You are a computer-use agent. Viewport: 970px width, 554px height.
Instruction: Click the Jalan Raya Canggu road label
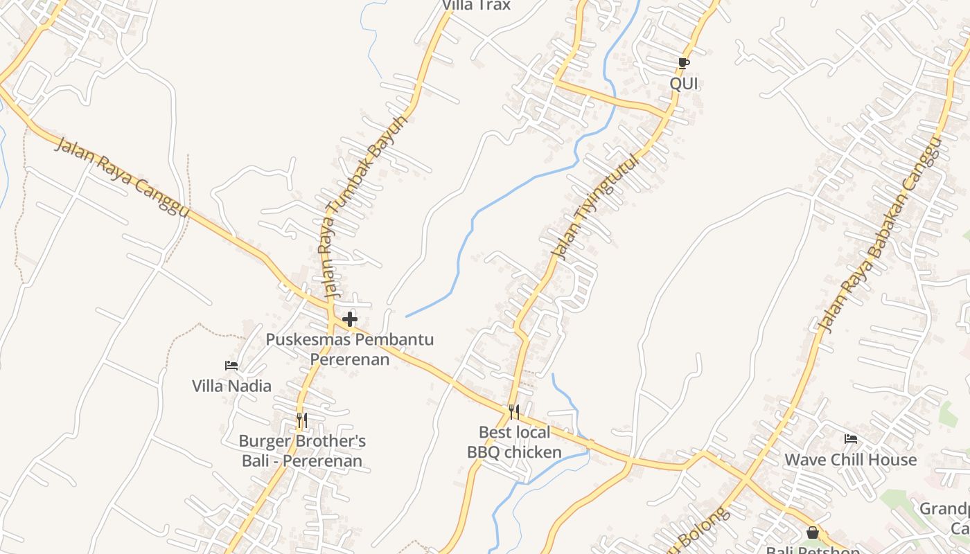click(x=121, y=177)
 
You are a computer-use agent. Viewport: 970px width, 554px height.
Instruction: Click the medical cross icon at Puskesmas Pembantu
click(x=350, y=319)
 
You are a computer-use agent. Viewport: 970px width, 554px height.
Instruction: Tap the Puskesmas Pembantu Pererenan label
click(x=350, y=349)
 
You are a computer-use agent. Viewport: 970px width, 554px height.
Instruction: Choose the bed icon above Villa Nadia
click(x=231, y=366)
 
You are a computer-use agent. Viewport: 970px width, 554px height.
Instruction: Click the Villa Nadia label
click(x=231, y=386)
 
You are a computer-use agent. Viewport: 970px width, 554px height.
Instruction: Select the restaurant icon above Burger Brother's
click(x=301, y=420)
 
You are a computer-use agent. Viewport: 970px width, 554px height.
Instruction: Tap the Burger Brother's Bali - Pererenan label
click(x=302, y=451)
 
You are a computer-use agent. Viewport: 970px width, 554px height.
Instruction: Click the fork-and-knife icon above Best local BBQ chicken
click(x=513, y=412)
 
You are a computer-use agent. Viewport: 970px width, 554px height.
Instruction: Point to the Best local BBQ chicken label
click(x=514, y=443)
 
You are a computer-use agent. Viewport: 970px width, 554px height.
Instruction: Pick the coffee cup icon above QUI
click(x=684, y=64)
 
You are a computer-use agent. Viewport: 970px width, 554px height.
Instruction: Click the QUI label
click(x=684, y=84)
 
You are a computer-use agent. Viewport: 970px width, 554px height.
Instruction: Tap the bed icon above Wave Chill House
click(x=851, y=438)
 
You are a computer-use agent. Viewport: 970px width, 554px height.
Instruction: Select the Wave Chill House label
click(x=850, y=460)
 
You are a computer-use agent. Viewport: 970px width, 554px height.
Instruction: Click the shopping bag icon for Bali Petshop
click(x=813, y=533)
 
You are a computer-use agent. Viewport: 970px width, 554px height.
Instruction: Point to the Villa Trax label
click(x=477, y=6)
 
